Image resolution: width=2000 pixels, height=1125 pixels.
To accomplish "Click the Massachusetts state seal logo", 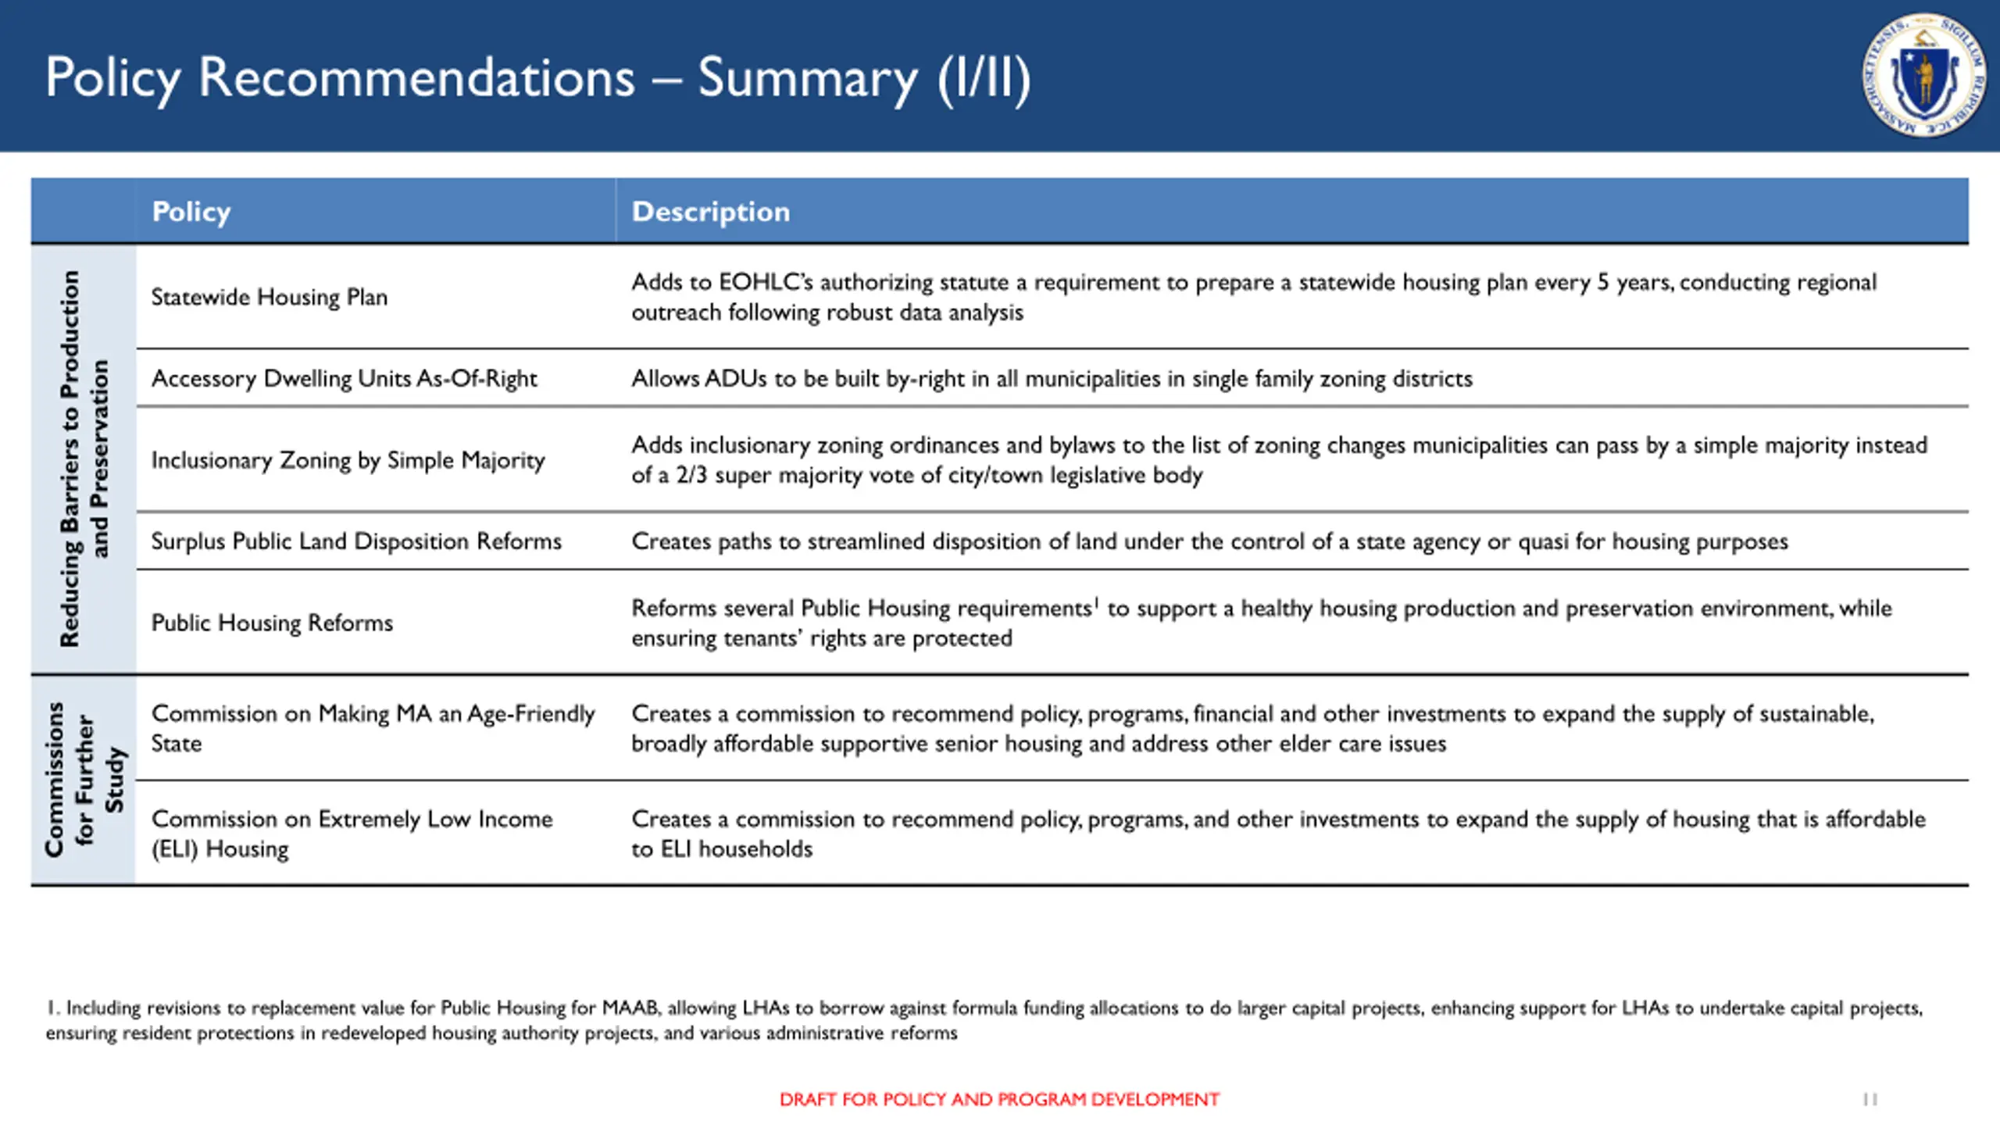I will pos(1923,75).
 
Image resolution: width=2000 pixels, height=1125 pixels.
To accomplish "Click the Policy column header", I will pos(191,212).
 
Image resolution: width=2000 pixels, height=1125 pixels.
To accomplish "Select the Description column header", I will pos(710,212).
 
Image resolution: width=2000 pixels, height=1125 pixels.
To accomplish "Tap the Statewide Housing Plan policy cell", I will pos(269,298).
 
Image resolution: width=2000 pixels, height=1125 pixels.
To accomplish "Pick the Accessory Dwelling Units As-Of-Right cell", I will pos(344,379).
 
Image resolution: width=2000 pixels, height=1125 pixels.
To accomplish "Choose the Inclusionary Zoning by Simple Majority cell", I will pos(348,460).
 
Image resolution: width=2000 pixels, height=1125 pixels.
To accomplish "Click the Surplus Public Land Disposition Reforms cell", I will pos(355,541).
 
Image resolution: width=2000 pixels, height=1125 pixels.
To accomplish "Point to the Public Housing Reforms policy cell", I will pos(272,623).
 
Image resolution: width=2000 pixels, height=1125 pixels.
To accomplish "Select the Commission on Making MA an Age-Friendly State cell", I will pos(373,728).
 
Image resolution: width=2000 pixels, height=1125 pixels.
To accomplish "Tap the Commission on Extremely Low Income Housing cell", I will pos(352,834).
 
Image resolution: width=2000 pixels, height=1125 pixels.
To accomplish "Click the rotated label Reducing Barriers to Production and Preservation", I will pos(84,459).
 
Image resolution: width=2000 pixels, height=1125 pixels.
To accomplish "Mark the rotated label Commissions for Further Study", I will pos(84,780).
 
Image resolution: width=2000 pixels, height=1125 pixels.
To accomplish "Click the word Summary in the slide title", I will pos(807,78).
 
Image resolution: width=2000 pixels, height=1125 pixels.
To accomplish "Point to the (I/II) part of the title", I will pos(984,78).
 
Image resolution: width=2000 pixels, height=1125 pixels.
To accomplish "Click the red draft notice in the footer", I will pos(999,1099).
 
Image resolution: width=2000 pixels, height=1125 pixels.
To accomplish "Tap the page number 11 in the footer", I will pos(1870,1099).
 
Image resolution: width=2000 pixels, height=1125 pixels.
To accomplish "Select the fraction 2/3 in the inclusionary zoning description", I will pos(691,475).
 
